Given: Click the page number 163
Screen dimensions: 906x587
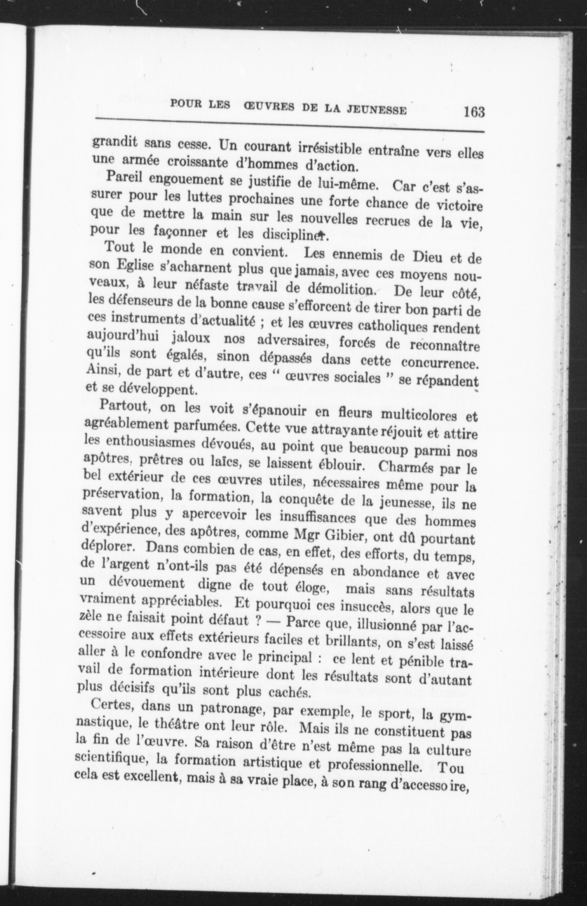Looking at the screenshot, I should (474, 112).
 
